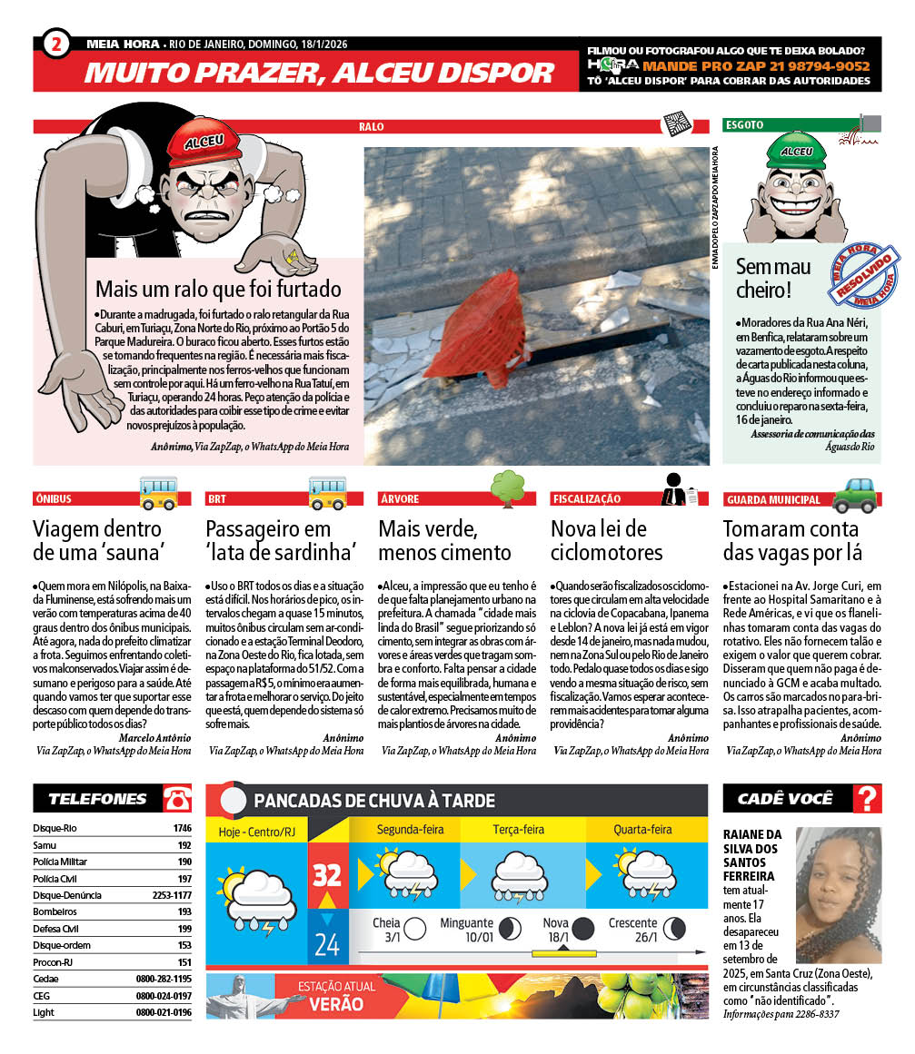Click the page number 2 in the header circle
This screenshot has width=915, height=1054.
[56, 44]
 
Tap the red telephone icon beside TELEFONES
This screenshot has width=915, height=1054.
[177, 799]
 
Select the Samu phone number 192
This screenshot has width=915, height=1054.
[184, 845]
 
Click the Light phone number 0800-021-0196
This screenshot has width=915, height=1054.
[164, 1012]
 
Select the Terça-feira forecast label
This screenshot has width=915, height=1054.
[519, 829]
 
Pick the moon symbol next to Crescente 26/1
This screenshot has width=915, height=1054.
[675, 928]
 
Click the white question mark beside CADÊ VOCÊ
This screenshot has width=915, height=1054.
[868, 799]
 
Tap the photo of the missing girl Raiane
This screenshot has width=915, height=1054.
[838, 894]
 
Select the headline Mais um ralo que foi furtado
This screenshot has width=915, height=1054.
[218, 290]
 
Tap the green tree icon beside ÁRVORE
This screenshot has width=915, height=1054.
[508, 488]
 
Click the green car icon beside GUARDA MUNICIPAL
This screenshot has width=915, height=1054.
[854, 492]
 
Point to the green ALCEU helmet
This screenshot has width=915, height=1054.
[796, 149]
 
